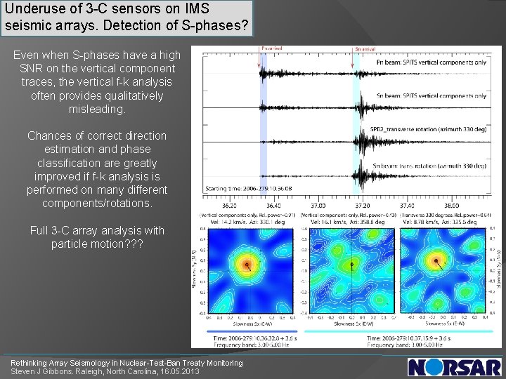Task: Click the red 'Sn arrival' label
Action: (365, 49)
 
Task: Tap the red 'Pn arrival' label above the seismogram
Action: (272, 49)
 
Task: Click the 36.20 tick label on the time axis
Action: (230, 205)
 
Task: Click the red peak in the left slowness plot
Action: (246, 265)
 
